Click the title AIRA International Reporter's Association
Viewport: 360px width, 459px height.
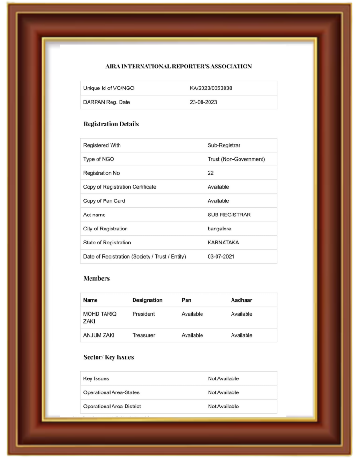click(179, 67)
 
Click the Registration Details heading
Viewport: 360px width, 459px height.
click(111, 124)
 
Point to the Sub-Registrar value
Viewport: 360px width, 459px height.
click(224, 145)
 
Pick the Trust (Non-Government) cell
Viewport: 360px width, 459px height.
click(236, 159)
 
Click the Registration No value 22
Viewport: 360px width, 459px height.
click(211, 173)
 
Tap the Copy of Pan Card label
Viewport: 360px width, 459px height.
click(104, 201)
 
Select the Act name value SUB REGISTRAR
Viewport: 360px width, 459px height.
click(229, 215)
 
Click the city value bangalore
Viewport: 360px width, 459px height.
click(219, 229)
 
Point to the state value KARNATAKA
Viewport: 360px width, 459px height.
click(223, 243)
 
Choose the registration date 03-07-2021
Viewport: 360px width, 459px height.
click(221, 257)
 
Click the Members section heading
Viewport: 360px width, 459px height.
click(97, 278)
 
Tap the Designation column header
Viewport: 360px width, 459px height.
click(147, 300)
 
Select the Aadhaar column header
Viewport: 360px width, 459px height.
click(241, 300)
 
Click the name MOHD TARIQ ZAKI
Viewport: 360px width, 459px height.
click(100, 318)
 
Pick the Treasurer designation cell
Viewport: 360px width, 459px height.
click(143, 335)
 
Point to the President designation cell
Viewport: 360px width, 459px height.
click(143, 314)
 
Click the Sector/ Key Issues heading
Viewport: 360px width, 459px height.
click(109, 357)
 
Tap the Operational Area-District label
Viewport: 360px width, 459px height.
click(112, 407)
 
